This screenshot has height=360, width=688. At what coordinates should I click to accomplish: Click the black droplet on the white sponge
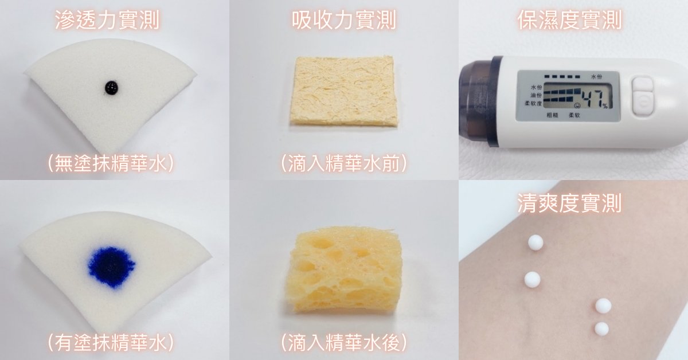[111, 88]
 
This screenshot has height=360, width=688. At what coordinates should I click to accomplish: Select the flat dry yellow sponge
[343, 91]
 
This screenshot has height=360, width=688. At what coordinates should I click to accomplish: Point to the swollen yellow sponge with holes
[344, 269]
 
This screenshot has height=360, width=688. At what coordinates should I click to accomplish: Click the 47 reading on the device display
[589, 97]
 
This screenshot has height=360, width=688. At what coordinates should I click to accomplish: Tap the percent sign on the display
[605, 106]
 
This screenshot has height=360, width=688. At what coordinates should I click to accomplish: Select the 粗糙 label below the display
[552, 115]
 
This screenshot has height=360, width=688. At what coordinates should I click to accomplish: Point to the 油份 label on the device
[536, 96]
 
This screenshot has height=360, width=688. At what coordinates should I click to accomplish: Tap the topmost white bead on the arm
[535, 242]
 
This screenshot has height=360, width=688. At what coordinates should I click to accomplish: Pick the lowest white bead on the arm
[601, 328]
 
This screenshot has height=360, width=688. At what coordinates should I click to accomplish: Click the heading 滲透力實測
[107, 20]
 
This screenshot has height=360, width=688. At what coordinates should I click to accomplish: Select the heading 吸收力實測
[343, 20]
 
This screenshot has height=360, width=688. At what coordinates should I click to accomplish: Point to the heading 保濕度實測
[570, 20]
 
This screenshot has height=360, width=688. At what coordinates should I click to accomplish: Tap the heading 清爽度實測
[570, 203]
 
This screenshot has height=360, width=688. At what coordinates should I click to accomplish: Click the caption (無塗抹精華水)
[111, 163]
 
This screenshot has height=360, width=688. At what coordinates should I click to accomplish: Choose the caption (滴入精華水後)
[344, 342]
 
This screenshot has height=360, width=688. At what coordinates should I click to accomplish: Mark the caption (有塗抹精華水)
[111, 342]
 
